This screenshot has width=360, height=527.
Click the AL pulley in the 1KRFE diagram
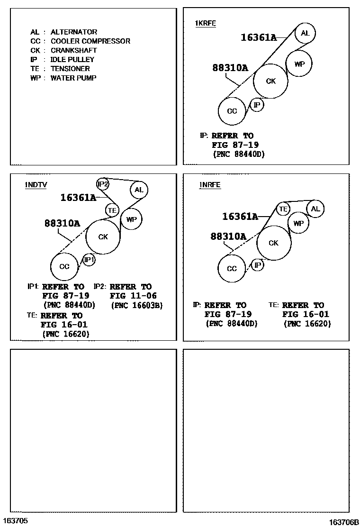(305, 33)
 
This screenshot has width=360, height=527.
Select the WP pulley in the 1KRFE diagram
(299, 64)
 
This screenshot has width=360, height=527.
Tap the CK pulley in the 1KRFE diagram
(270, 81)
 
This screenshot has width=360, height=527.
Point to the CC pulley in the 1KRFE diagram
(232, 111)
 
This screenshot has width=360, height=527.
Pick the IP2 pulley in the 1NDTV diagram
(103, 184)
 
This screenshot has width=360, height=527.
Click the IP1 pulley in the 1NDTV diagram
(89, 259)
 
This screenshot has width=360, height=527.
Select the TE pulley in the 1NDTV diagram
(112, 209)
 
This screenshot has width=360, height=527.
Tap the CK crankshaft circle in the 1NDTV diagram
(103, 236)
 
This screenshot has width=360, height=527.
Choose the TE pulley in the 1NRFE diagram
(283, 209)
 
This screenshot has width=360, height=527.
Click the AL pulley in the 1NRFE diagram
(315, 209)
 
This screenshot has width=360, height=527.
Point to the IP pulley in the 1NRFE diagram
(257, 265)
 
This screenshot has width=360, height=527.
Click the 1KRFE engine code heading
(205, 23)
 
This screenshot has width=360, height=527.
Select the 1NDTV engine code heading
(36, 185)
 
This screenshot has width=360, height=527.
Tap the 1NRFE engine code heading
(210, 185)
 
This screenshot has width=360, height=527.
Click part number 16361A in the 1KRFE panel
(259, 37)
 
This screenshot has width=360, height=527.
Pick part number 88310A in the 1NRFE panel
(228, 236)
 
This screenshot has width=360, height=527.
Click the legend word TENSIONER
(70, 69)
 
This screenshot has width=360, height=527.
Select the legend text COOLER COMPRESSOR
(90, 41)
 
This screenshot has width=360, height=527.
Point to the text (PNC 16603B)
(136, 306)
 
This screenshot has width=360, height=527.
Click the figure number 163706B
(344, 522)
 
